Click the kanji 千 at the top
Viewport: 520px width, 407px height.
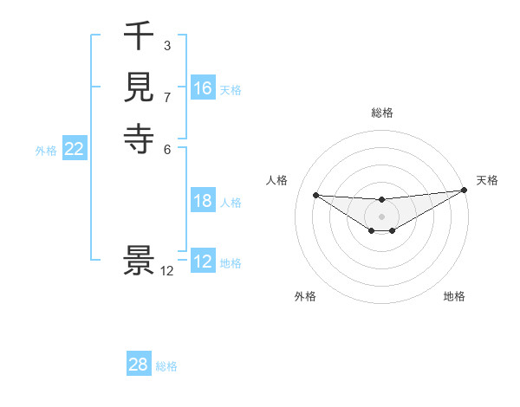(x=139, y=37)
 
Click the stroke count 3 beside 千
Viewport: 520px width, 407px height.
(x=167, y=44)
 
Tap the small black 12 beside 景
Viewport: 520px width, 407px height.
(x=167, y=270)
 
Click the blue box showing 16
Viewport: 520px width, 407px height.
(x=203, y=88)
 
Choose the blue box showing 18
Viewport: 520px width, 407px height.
(x=203, y=201)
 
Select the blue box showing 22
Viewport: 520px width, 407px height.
(x=75, y=149)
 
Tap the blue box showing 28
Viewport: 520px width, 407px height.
(x=139, y=365)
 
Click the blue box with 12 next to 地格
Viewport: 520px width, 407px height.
(x=203, y=262)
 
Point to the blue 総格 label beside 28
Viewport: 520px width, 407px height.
(x=166, y=366)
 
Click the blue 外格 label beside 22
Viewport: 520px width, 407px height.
(x=46, y=151)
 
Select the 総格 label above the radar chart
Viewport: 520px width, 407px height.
(x=381, y=113)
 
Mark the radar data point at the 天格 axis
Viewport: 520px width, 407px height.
(x=465, y=191)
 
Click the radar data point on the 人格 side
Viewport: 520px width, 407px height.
(x=315, y=195)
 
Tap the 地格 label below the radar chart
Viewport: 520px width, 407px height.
(x=454, y=296)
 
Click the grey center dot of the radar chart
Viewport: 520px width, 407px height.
(x=381, y=216)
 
